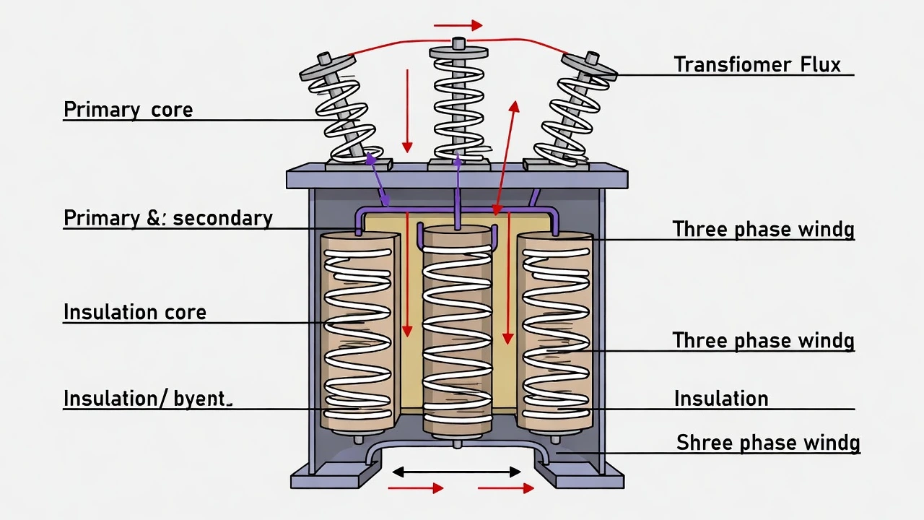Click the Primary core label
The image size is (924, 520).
pos(128,110)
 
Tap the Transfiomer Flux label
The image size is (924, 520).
pos(757,64)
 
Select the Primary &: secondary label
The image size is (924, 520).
pos(167,218)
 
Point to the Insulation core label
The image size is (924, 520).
pos(135,312)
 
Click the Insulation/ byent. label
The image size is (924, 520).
pos(147,399)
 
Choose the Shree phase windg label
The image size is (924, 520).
pos(767,443)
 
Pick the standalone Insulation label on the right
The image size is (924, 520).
pos(720,399)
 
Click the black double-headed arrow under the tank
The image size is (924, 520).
pos(456,472)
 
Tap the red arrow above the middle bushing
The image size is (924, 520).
pos(458,25)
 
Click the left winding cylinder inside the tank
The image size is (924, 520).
pos(359,332)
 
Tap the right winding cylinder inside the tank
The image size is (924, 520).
pos(554,332)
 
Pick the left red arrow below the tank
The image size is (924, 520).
pos(416,489)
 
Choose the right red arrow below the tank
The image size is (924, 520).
pos(505,489)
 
